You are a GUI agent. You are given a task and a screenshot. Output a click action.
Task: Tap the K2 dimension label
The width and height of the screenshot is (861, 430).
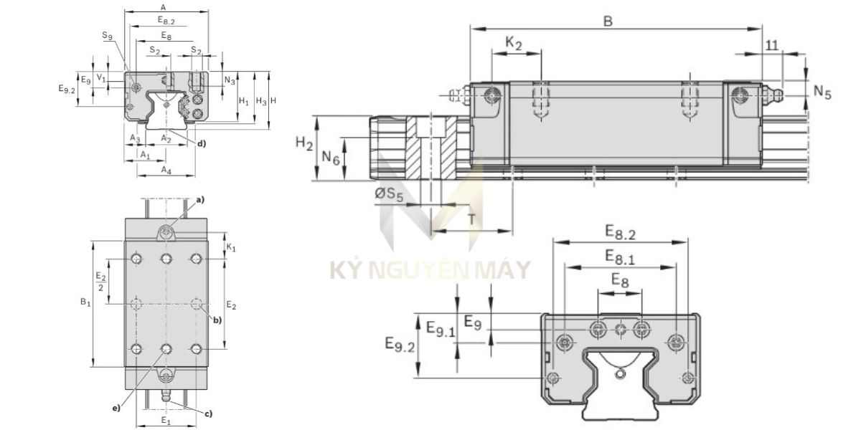pyautogui.click(x=514, y=43)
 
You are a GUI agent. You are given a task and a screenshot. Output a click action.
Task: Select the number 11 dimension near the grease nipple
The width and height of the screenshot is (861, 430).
pyautogui.click(x=771, y=44)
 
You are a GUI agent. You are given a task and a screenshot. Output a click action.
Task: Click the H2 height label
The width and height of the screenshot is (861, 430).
pyautogui.click(x=305, y=144)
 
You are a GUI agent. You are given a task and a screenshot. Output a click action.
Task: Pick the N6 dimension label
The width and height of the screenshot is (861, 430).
pyautogui.click(x=330, y=157)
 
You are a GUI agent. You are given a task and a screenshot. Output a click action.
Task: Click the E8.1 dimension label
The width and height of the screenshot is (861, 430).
pyautogui.click(x=618, y=256)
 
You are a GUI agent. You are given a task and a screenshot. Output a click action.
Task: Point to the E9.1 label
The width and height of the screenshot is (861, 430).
pyautogui.click(x=441, y=329)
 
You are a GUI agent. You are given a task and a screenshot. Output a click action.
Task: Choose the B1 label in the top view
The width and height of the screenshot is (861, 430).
pyautogui.click(x=85, y=302)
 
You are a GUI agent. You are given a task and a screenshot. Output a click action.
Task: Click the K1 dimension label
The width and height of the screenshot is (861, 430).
pyautogui.click(x=231, y=247)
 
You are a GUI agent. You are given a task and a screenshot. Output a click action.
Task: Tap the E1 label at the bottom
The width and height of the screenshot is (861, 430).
pyautogui.click(x=166, y=419)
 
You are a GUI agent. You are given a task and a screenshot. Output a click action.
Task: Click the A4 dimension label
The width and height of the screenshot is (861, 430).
pyautogui.click(x=166, y=170)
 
